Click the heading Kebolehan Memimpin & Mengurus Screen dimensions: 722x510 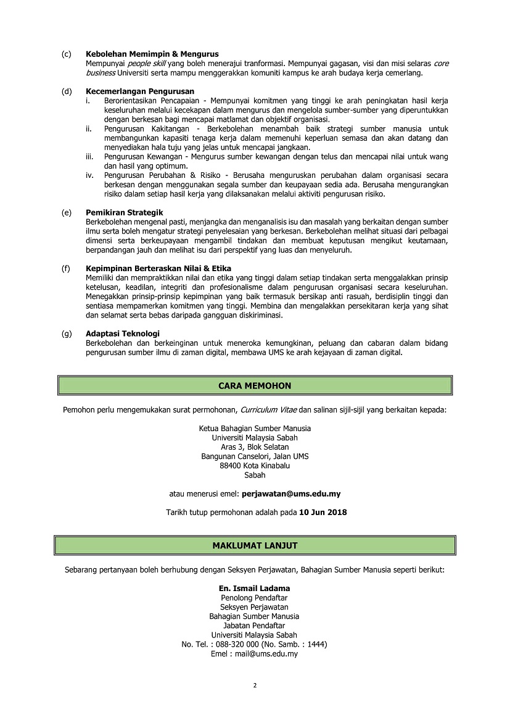[x=152, y=54]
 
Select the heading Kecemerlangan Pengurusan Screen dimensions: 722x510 [x=140, y=91]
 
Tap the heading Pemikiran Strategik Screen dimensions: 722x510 [x=124, y=212]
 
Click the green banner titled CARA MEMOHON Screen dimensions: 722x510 [x=255, y=385]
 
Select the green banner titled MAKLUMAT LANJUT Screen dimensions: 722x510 [x=255, y=545]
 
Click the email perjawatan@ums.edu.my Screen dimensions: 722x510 [x=292, y=494]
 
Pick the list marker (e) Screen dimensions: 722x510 [x=66, y=212]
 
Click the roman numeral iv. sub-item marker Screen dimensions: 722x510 [x=90, y=175]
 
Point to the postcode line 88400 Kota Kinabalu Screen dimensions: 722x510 [x=255, y=466]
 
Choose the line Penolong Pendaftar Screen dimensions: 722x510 [x=254, y=598]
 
